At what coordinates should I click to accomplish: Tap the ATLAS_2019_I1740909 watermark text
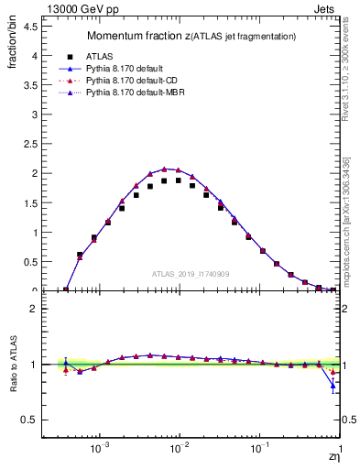coord(191,274)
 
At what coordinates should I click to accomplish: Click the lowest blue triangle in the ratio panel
coord(333,385)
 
